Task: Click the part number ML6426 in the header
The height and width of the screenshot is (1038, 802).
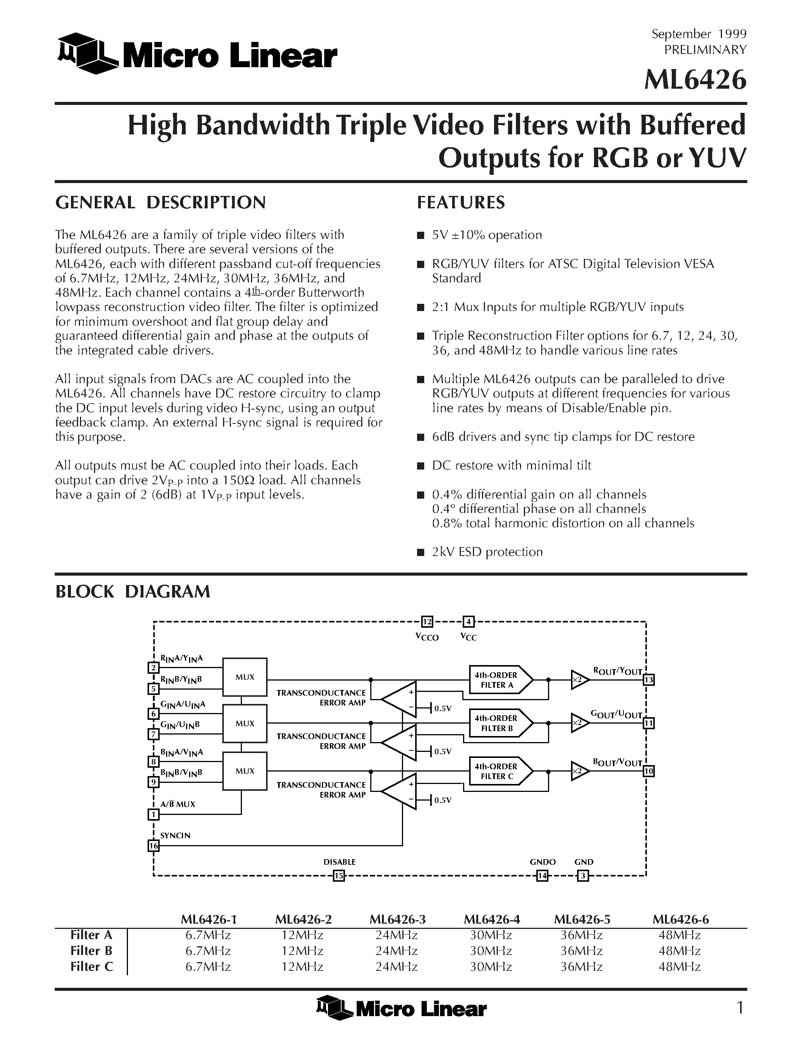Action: coord(695,80)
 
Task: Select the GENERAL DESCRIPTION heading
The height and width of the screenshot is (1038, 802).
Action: coord(161,202)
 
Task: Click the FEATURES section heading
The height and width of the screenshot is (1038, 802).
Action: coord(461,202)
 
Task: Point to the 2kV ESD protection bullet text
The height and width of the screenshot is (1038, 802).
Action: coord(487,552)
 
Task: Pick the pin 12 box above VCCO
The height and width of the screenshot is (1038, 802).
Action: coord(426,622)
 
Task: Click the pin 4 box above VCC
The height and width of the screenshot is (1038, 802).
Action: coord(468,622)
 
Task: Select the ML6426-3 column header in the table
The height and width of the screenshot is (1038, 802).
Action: coord(397,919)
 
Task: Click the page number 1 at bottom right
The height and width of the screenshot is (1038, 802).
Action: coord(739,1008)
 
